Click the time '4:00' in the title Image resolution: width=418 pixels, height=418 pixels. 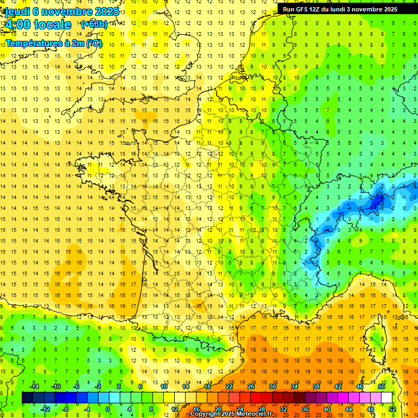point(17,24)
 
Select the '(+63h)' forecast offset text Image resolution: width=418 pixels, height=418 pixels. point(94,24)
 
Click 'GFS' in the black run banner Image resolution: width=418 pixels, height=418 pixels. point(303,9)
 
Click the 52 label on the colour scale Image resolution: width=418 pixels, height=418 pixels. point(392,409)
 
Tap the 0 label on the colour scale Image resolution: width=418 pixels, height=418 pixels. point(107,409)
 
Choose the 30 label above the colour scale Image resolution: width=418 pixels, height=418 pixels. point(272,386)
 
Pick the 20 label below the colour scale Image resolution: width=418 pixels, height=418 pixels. point(218,409)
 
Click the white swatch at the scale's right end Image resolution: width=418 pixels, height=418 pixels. point(386,398)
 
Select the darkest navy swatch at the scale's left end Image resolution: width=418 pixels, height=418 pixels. point(27,398)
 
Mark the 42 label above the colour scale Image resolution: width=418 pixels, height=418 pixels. point(337,386)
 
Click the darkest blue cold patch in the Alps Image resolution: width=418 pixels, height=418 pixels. point(376,202)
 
